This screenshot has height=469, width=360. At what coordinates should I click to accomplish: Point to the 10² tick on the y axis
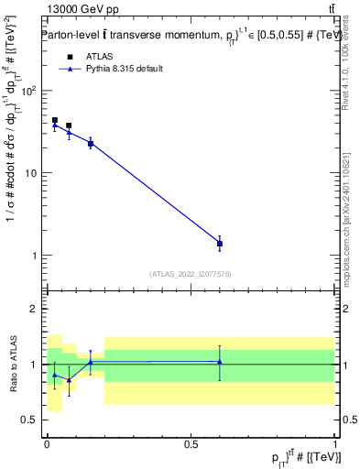coord(28,91)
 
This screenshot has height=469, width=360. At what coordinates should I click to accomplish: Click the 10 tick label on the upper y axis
coord(32,173)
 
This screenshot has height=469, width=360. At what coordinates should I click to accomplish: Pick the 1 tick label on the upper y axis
coord(35,255)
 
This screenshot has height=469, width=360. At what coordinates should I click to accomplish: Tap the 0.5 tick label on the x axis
coord(191,442)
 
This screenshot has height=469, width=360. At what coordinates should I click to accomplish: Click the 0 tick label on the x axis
coord(47,442)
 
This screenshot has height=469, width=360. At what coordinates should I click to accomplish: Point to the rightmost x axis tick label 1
coord(335,442)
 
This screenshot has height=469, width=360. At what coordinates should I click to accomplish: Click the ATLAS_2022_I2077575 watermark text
coord(191,273)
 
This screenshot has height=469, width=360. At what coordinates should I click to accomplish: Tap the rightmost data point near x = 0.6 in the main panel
coord(220,244)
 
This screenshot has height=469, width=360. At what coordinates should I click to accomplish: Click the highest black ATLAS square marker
coord(55,120)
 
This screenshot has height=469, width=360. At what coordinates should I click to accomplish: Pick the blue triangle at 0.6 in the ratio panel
coord(220,362)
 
